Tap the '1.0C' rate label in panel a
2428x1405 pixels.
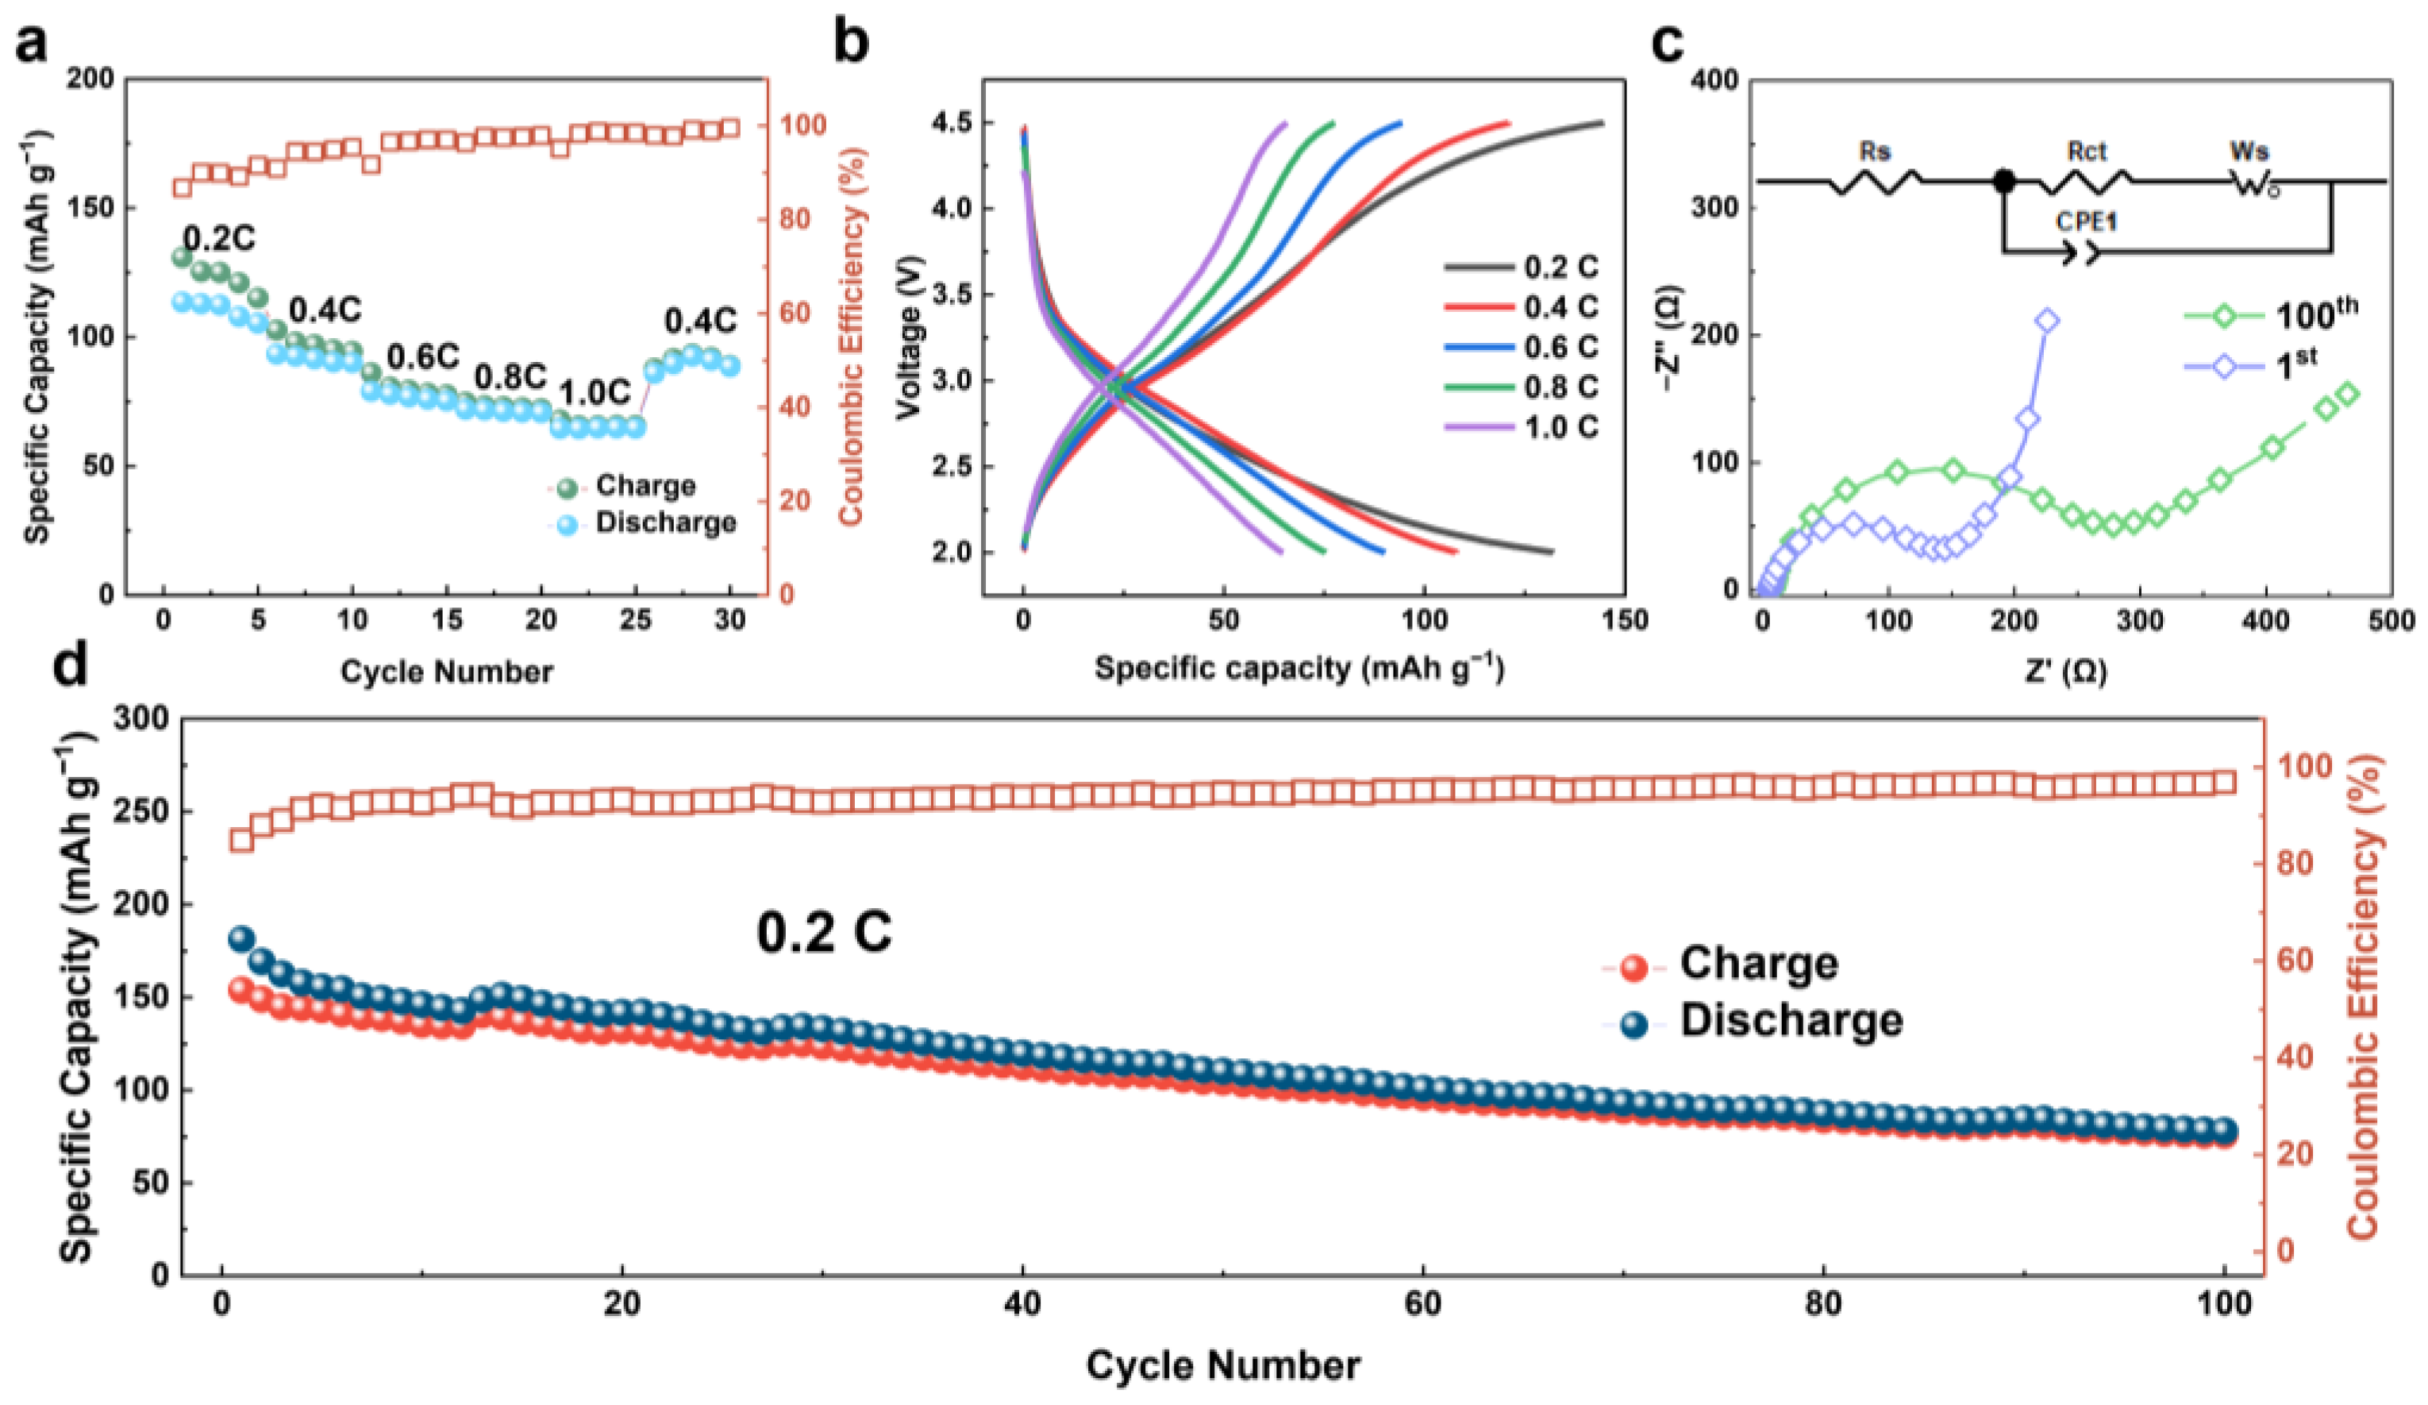click(x=594, y=393)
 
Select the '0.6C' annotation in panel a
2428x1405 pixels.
click(x=423, y=357)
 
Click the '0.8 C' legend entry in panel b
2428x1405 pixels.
click(x=1560, y=387)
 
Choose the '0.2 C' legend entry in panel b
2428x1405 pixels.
click(x=1560, y=267)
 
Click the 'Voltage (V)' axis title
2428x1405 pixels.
click(x=909, y=337)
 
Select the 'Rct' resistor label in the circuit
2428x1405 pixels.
click(x=2087, y=152)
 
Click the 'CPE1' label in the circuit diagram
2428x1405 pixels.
click(x=2086, y=221)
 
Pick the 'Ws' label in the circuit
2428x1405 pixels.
click(x=2249, y=152)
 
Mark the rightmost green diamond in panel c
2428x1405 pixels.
click(x=2347, y=393)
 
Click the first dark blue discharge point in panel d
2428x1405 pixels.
click(x=240, y=938)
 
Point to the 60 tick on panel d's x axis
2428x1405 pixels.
click(x=1422, y=1304)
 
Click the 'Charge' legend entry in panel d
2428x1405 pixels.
click(x=1758, y=963)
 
